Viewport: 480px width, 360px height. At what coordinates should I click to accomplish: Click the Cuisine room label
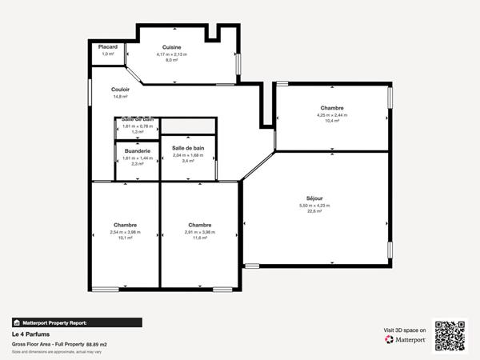172,47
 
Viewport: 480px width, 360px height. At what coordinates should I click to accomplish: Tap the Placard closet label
108,47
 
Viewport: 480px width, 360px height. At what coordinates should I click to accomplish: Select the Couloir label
121,90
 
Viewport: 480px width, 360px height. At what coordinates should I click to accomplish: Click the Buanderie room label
138,150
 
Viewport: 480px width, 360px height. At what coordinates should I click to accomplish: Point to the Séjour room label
314,198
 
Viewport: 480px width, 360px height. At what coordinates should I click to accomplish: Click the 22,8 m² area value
314,211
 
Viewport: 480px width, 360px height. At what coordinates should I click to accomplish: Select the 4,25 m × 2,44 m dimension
332,114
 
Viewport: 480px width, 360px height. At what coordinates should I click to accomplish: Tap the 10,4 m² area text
332,121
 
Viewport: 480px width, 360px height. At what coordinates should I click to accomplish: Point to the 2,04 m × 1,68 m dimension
188,155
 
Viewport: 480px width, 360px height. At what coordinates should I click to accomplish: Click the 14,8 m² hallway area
120,97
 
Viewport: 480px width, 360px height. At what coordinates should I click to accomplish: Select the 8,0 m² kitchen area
172,60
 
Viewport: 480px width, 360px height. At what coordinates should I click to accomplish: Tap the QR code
450,336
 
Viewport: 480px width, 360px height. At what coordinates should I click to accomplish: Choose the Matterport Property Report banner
77,322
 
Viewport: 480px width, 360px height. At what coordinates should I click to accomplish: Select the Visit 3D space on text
404,329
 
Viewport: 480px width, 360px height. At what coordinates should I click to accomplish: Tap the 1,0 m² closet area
108,54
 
